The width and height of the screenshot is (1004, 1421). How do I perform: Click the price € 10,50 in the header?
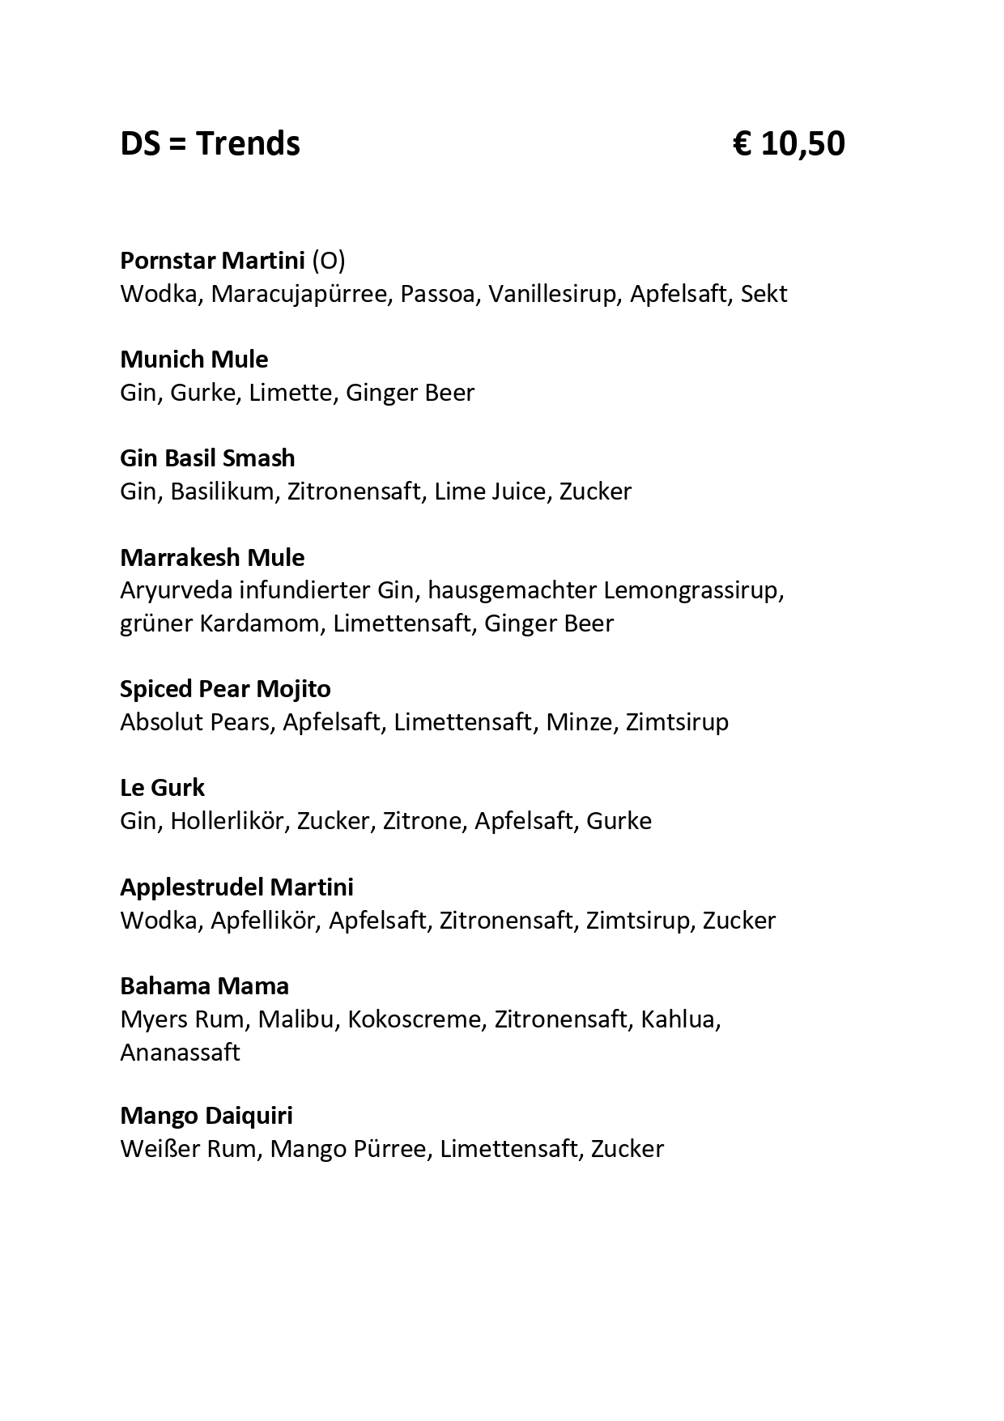coord(789,144)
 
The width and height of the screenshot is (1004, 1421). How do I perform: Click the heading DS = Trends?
coord(210,144)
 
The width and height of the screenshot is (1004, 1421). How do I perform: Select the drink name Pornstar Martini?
coord(213,261)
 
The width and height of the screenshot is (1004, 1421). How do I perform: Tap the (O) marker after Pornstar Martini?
coord(329,261)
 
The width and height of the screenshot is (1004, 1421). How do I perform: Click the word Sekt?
coord(764,293)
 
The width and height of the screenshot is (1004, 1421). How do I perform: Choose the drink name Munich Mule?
coord(194,360)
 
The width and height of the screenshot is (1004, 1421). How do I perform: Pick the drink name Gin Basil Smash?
coord(207,458)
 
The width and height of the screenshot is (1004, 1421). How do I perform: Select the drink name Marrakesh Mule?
coord(212,558)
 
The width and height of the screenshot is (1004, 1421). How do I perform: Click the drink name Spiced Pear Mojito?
coord(225,689)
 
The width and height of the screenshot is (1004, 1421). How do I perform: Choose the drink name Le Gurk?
coord(162,788)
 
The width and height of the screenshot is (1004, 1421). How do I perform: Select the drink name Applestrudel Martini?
coord(236,887)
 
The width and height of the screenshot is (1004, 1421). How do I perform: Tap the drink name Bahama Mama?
coord(204,986)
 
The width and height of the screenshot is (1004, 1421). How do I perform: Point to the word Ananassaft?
coord(180,1053)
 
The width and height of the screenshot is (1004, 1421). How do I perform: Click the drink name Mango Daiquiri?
coord(206,1116)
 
